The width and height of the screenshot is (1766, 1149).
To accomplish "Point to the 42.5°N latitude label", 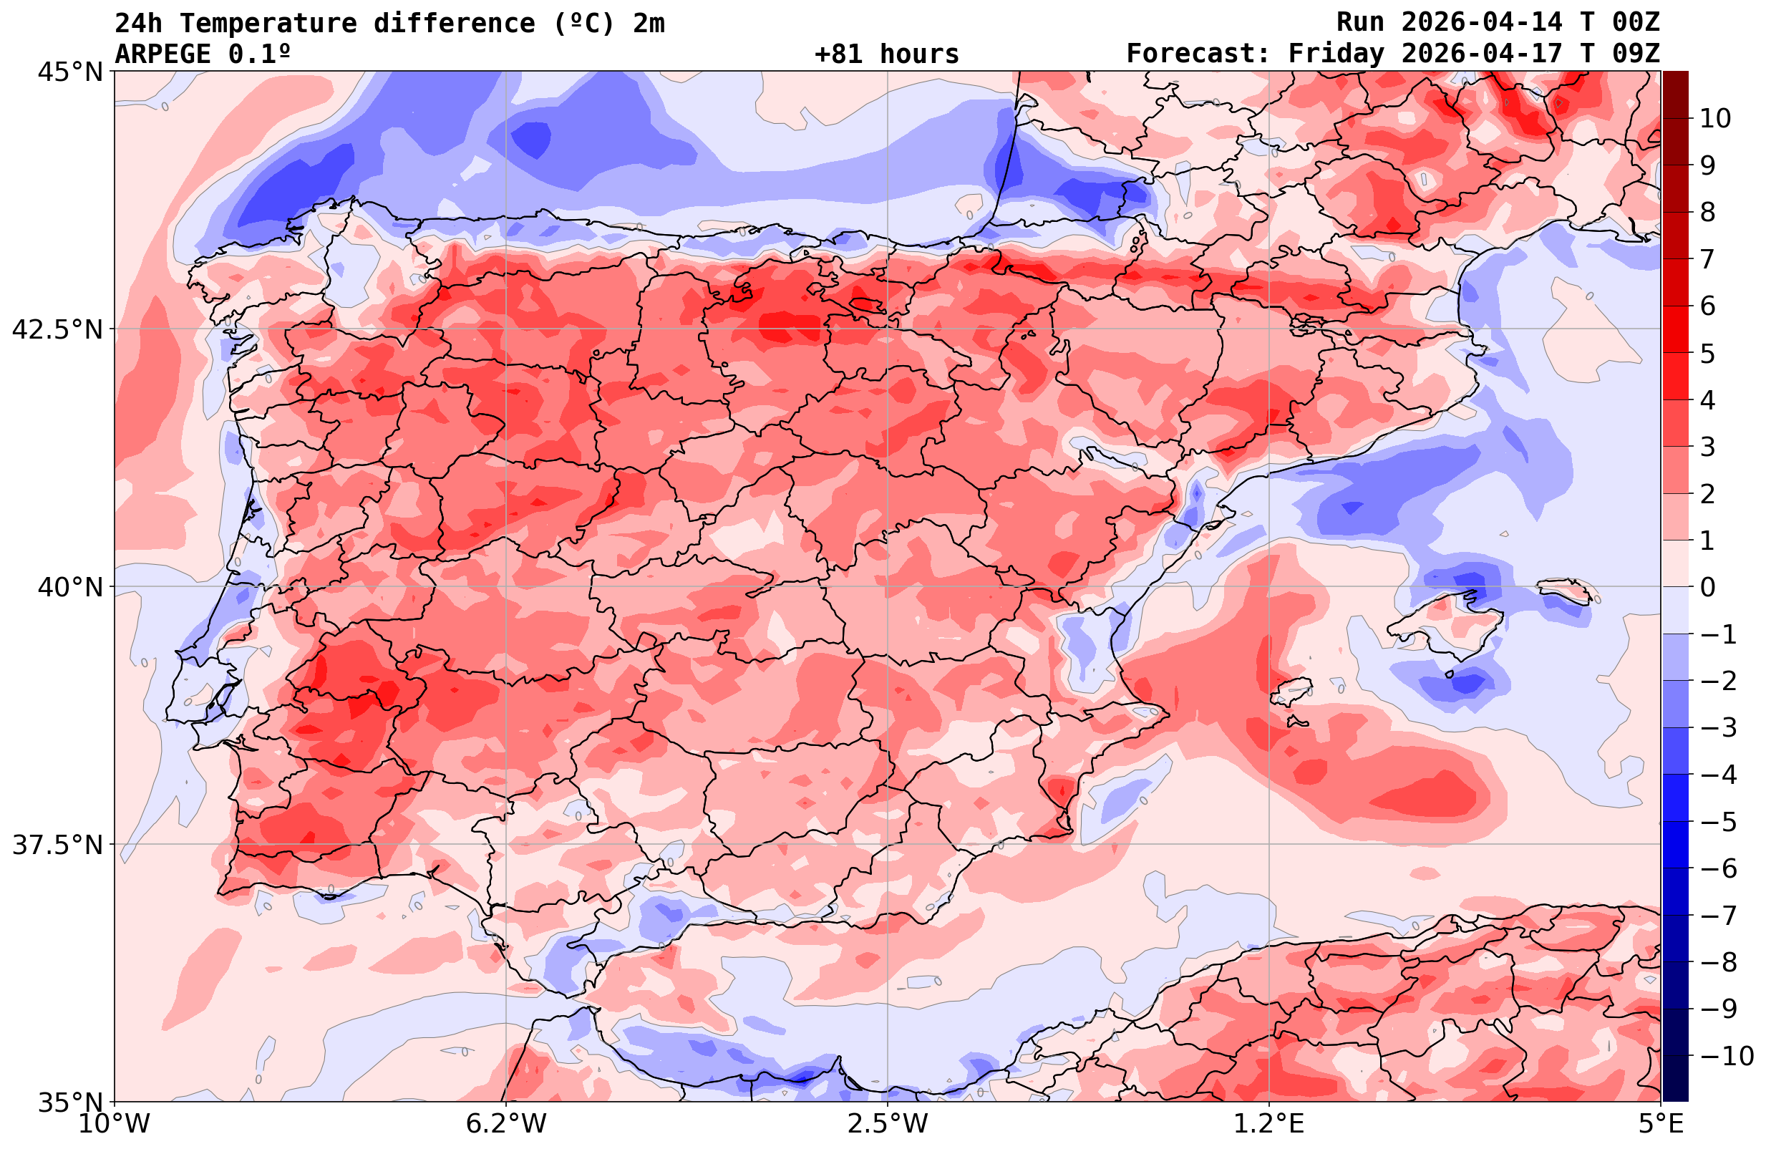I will (x=57, y=329).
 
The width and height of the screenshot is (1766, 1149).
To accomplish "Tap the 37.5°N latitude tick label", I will (x=57, y=845).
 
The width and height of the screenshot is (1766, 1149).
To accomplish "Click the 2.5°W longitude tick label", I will (x=888, y=1124).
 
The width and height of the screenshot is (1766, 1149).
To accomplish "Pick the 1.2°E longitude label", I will (x=1269, y=1124).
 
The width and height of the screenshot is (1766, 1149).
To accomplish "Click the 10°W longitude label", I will (x=115, y=1124).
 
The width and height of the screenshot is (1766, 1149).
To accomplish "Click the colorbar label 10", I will (x=1716, y=118).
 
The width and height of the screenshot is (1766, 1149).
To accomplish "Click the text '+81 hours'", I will (x=887, y=54).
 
